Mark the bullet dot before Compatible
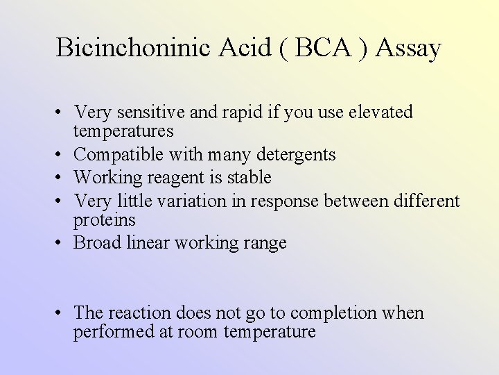pos(62,154)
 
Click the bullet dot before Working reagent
pos(62,178)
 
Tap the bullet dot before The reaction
pos(62,313)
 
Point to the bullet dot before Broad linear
pos(62,244)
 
